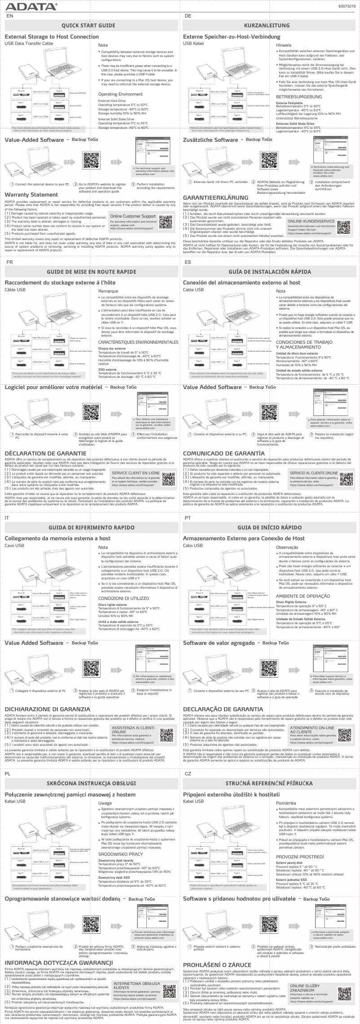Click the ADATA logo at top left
[x=31, y=6]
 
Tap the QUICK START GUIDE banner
[x=88, y=26]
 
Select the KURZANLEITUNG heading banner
[x=267, y=26]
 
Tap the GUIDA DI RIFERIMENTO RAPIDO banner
[x=88, y=514]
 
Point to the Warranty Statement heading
[x=31, y=195]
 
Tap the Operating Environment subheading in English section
[x=120, y=94]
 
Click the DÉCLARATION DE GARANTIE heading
[x=42, y=454]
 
